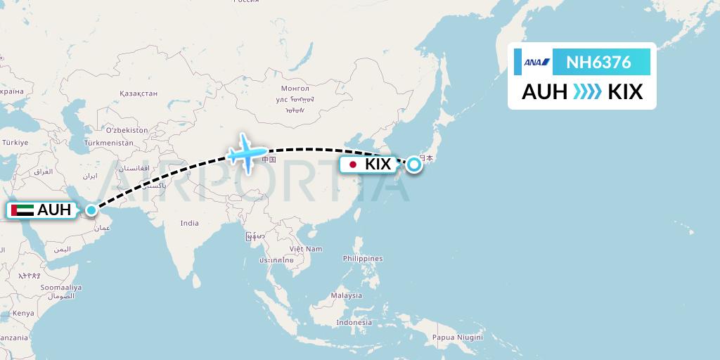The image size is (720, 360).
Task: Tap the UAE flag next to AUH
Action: tap(22, 210)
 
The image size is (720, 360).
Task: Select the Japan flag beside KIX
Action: tap(352, 165)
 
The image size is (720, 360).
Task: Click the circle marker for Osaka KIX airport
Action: tap(414, 164)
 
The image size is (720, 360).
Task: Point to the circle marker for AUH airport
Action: tap(92, 210)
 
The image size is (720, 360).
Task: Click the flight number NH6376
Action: tap(598, 63)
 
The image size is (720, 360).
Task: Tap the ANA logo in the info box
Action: tap(536, 63)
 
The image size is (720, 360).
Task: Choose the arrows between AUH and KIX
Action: tap(587, 92)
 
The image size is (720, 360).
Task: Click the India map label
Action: tap(189, 223)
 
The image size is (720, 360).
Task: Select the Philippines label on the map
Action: tap(363, 259)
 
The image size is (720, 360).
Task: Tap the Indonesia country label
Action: tap(353, 322)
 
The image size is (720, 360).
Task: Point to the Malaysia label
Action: tap(347, 296)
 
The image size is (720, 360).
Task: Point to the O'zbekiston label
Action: tap(127, 130)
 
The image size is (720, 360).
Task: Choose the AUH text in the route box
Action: tap(544, 92)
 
